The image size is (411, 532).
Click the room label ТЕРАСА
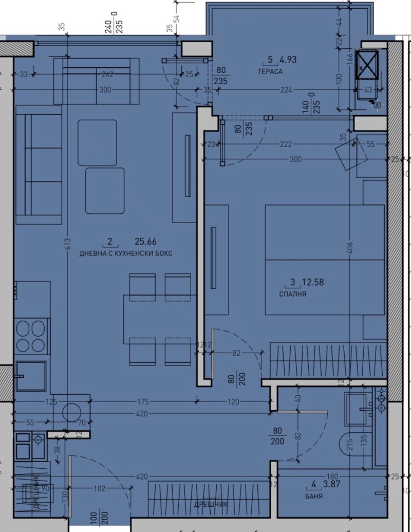coord(270,71)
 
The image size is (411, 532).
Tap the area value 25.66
coord(145,241)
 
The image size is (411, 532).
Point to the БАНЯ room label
coord(313,497)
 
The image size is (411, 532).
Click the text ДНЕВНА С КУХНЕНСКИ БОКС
coord(126,254)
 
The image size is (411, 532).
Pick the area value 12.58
coord(313,282)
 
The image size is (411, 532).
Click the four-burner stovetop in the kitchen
coord(32,335)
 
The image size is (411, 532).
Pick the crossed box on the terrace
coord(368,67)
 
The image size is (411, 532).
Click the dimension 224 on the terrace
coord(286,90)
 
